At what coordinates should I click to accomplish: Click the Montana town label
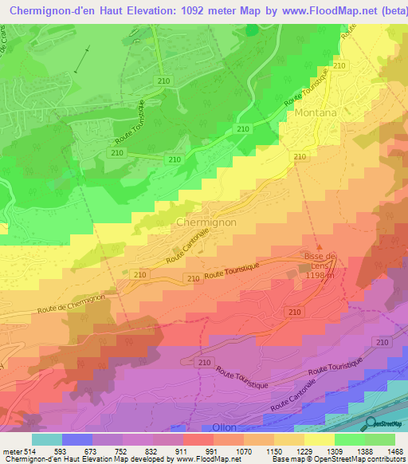(316, 113)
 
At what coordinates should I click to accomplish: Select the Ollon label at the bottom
(224, 427)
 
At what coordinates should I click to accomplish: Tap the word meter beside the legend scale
(11, 451)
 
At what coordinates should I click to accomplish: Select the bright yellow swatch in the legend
(319, 439)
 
